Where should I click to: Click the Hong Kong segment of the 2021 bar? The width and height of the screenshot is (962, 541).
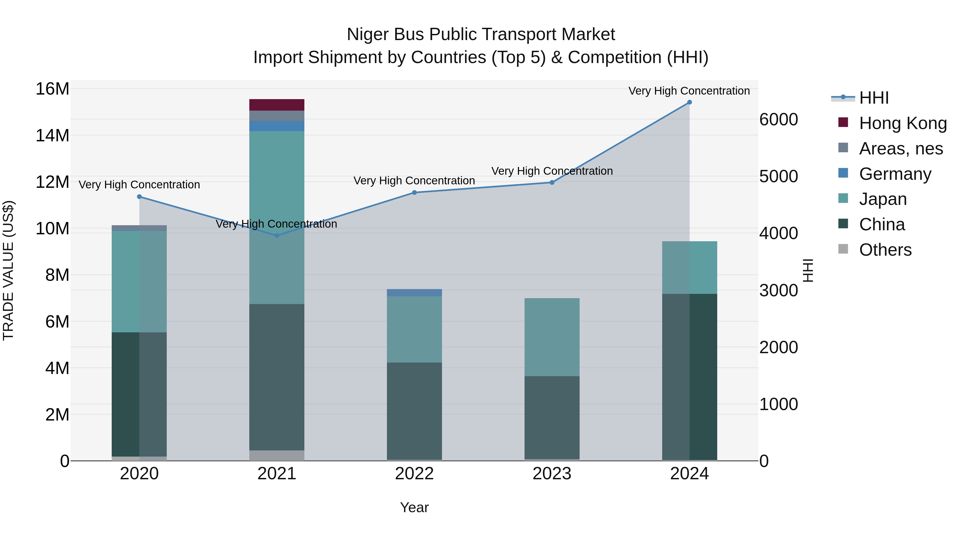tap(277, 105)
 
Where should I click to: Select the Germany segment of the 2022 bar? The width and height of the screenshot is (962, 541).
tap(414, 293)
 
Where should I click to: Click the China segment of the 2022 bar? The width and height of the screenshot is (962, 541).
tap(414, 411)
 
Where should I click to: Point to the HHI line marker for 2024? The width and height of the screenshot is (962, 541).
tap(689, 102)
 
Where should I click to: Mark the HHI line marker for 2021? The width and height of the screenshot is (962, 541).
tap(277, 236)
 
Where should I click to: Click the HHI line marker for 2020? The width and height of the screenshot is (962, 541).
tap(139, 197)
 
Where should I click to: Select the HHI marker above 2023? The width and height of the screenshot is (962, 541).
tap(552, 182)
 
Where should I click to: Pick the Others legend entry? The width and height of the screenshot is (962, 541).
tap(885, 250)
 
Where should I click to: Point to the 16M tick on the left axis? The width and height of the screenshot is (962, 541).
tap(52, 89)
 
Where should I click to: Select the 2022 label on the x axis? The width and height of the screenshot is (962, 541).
tap(414, 474)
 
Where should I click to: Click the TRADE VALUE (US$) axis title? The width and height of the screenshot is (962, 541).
tap(8, 270)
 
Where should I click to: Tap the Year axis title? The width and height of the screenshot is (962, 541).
tap(414, 507)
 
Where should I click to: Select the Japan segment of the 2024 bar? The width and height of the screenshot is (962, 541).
tap(689, 268)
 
